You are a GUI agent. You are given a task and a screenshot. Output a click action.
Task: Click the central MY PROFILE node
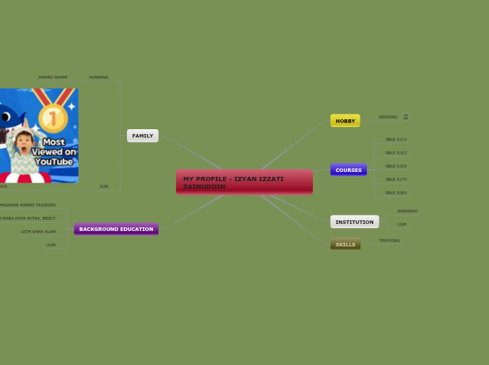pyautogui.click(x=244, y=182)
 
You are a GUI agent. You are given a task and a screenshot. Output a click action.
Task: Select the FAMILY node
pyautogui.click(x=142, y=135)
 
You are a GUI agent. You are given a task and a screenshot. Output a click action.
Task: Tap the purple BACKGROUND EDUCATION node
pyautogui.click(x=116, y=229)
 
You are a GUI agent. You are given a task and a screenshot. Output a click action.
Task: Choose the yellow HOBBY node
pyautogui.click(x=345, y=121)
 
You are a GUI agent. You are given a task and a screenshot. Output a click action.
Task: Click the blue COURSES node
pyautogui.click(x=348, y=170)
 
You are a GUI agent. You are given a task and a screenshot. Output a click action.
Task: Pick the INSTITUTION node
pyautogui.click(x=354, y=222)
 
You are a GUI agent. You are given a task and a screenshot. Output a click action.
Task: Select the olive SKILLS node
pyautogui.click(x=345, y=244)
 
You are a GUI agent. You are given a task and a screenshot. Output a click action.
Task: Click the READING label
pyautogui.click(x=388, y=117)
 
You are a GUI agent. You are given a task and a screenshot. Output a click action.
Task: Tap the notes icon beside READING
pyautogui.click(x=406, y=117)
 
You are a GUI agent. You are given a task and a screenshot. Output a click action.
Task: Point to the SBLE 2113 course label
pyautogui.click(x=396, y=140)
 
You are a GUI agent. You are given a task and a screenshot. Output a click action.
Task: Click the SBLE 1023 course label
pyautogui.click(x=396, y=166)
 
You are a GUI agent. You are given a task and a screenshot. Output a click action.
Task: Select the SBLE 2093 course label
pyautogui.click(x=396, y=192)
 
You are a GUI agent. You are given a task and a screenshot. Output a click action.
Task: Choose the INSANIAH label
pyautogui.click(x=407, y=211)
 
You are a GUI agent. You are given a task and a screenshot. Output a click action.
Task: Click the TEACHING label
pyautogui.click(x=389, y=241)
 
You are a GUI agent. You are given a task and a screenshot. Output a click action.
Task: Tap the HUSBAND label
pyautogui.click(x=98, y=77)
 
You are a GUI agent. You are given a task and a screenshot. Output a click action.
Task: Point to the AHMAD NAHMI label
pyautogui.click(x=53, y=77)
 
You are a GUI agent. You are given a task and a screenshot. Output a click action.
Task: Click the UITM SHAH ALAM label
pyautogui.click(x=38, y=232)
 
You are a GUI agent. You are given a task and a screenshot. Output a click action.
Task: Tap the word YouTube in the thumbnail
pyautogui.click(x=55, y=162)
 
